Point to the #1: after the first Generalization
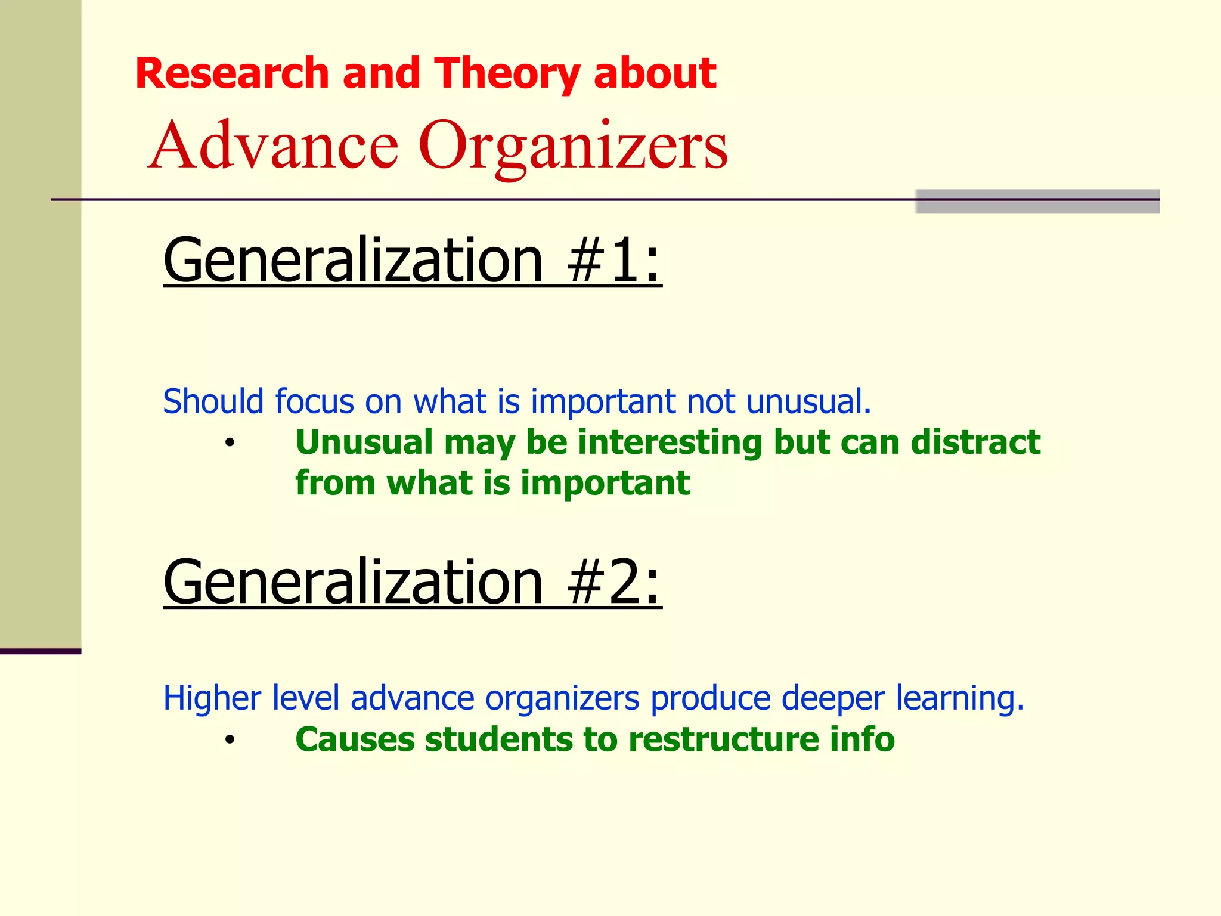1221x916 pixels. click(x=613, y=260)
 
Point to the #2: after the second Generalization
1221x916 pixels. click(x=613, y=582)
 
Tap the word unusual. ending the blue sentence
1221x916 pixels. click(x=808, y=401)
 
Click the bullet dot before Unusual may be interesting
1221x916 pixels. click(x=230, y=444)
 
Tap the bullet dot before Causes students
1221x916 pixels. click(x=230, y=741)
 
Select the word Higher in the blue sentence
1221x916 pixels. click(x=212, y=698)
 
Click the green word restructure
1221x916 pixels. click(x=723, y=739)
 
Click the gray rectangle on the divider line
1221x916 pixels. click(x=1037, y=202)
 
